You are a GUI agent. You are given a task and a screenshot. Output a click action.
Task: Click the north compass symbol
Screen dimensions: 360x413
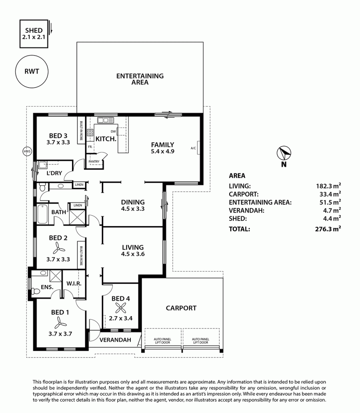tap(284, 153)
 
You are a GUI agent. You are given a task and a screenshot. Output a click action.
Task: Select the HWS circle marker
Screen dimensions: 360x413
tap(27, 151)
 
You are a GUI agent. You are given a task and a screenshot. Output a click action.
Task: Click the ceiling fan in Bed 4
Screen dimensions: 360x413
tap(121, 307)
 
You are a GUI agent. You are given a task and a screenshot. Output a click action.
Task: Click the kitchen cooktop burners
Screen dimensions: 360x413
tap(90, 132)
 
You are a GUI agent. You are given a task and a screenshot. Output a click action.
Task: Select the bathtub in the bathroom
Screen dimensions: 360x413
tap(42, 214)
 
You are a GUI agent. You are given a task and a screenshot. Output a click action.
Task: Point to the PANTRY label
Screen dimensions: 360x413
tap(94, 161)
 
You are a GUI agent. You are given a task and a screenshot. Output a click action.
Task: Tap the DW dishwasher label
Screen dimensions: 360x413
tap(113, 131)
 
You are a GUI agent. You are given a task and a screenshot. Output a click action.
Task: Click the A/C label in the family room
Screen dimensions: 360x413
tap(193, 148)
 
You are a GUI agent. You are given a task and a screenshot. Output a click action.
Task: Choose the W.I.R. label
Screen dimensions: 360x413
tap(74, 283)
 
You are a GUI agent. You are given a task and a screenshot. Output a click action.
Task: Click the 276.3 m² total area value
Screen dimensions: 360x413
tap(328, 229)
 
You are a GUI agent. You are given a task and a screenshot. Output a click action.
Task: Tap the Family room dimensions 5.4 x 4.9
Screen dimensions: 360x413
tap(162, 151)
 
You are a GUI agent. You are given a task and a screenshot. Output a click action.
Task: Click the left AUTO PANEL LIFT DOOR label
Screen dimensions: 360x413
tap(162, 341)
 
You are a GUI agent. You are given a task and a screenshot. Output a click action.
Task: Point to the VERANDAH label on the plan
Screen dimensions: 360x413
tap(115, 340)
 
